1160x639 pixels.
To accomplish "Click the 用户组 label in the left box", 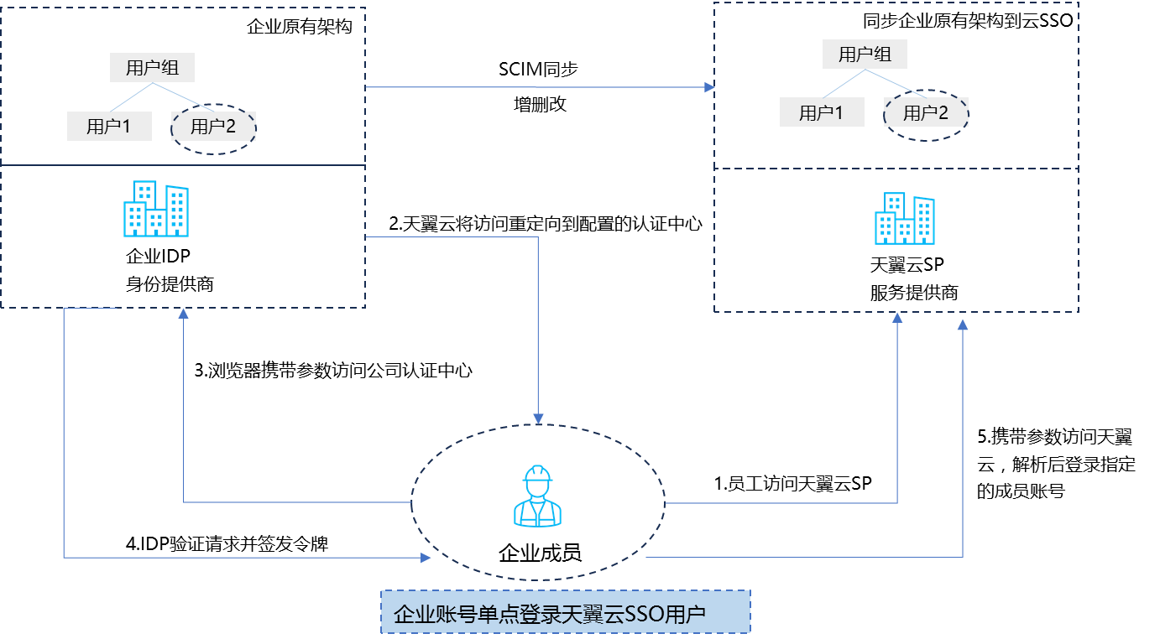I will click(152, 68).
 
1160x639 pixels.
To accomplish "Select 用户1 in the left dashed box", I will click(109, 127).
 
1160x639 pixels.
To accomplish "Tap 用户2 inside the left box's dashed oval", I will click(213, 127).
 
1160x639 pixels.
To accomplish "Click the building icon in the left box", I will click(156, 209).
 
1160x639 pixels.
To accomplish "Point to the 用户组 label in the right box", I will click(865, 55).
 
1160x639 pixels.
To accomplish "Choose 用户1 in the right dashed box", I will click(821, 113).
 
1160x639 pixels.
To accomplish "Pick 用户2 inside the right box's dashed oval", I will click(925, 113).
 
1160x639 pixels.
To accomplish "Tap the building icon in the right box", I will click(905, 218).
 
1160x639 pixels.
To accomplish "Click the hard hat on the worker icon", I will click(537, 475).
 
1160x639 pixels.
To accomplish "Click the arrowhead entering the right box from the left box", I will click(710, 87).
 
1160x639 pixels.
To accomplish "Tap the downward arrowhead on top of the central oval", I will click(538, 418).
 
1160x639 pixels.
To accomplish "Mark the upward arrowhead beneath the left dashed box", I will click(184, 314).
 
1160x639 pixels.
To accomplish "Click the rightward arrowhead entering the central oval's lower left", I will click(426, 557).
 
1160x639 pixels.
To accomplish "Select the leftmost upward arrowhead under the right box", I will click(897, 319).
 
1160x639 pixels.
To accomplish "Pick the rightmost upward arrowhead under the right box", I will click(963, 324).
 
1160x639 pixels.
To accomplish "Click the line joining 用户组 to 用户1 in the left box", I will click(131, 97).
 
